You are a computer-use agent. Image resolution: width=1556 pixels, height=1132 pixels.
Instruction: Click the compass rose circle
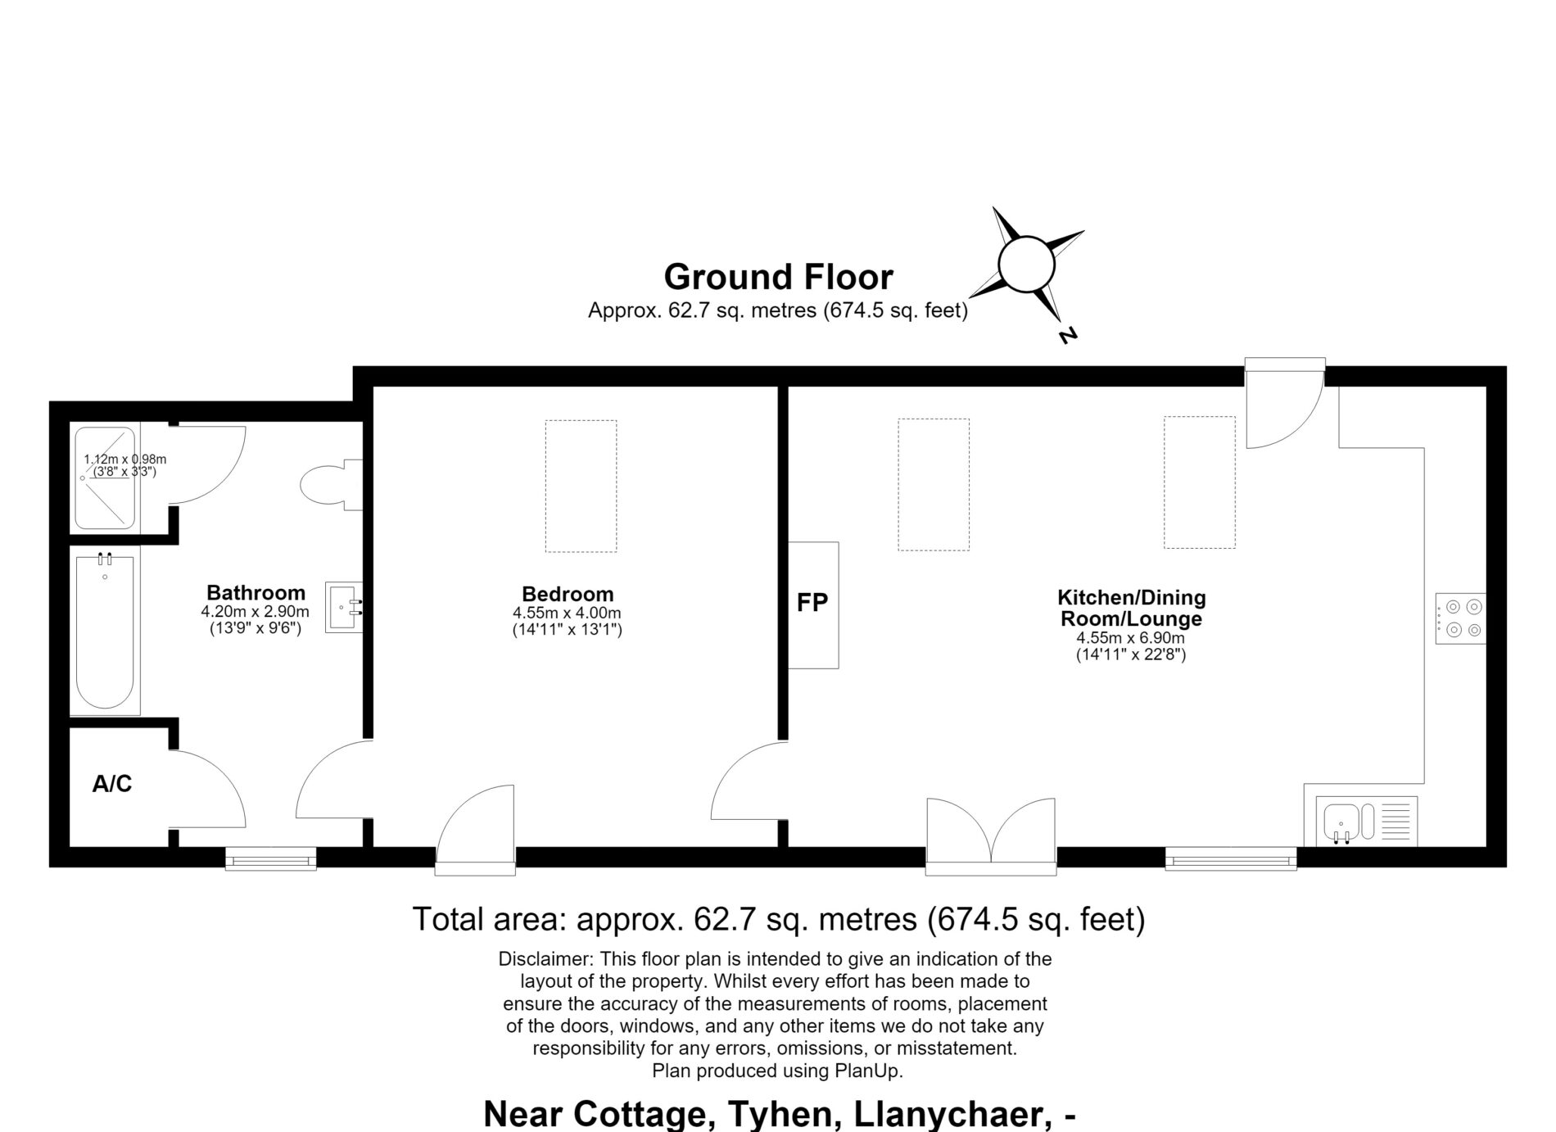[1025, 238]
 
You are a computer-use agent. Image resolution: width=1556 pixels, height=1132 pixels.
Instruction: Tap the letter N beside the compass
[1067, 335]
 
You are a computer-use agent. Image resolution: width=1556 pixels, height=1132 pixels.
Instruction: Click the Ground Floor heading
[777, 277]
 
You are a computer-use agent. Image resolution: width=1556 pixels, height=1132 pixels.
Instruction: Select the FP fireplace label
[812, 603]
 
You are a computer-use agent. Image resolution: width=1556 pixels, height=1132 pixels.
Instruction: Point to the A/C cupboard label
[112, 784]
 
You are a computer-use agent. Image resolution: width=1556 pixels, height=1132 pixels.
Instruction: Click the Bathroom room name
[256, 592]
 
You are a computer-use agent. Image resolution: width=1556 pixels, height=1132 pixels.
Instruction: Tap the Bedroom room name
[568, 594]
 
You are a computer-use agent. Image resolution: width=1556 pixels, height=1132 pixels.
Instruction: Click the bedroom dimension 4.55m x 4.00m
[568, 613]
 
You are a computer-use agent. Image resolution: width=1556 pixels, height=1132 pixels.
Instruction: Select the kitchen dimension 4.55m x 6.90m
[1130, 638]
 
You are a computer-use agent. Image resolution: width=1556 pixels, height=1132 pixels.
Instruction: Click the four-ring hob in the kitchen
[1461, 618]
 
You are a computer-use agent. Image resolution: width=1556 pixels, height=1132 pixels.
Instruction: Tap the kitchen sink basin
[1342, 822]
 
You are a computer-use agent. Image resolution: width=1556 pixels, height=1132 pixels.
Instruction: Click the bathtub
[105, 632]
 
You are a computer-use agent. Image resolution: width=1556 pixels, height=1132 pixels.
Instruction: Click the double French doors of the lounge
[991, 835]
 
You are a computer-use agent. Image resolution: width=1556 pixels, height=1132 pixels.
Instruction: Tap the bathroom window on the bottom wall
[271, 858]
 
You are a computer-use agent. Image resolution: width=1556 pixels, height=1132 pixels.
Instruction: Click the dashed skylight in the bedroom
[581, 486]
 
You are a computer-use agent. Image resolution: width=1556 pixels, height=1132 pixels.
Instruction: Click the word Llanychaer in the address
[949, 1114]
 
